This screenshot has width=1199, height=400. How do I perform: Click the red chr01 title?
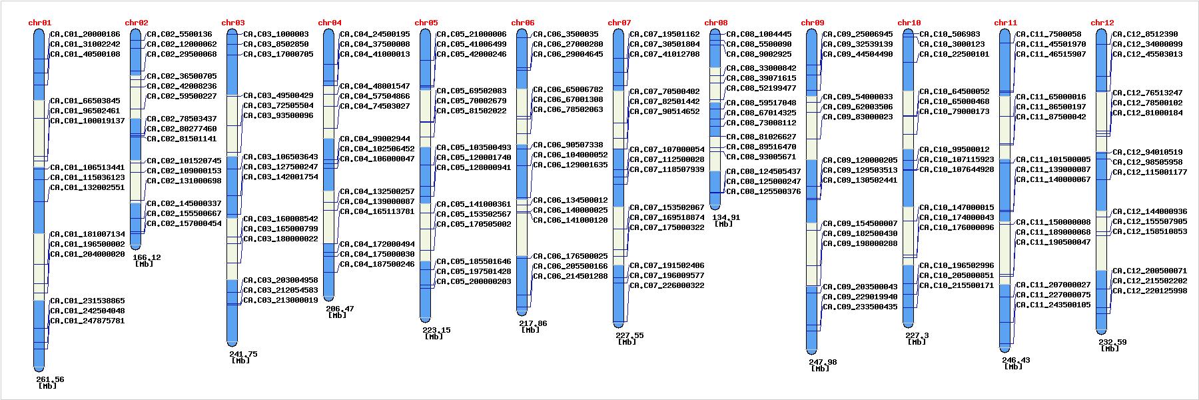click(40, 23)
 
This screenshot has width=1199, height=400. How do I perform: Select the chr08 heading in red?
click(716, 23)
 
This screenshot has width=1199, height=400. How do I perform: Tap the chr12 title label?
click(1102, 23)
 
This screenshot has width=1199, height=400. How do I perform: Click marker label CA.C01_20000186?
click(85, 34)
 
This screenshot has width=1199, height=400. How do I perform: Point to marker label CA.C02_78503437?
click(182, 119)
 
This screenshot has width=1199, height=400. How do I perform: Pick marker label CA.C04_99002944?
click(375, 139)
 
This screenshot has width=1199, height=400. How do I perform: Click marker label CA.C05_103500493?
click(474, 147)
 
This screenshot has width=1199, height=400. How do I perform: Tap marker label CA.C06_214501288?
click(570, 276)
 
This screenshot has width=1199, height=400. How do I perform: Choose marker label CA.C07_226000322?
click(667, 285)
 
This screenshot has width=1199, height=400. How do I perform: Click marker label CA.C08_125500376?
click(763, 191)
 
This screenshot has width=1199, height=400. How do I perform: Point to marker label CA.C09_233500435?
click(860, 307)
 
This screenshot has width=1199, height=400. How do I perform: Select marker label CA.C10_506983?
click(950, 34)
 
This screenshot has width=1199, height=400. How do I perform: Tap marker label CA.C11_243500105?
click(1053, 305)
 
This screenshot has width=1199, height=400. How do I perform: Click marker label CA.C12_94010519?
click(1148, 152)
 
